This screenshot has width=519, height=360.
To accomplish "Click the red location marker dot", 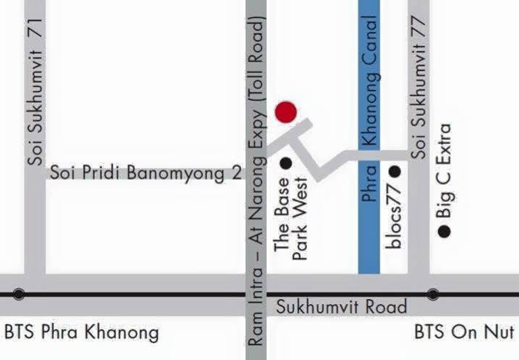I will pos(286,112).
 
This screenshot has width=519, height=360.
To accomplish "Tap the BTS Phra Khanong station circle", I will pos(19,294).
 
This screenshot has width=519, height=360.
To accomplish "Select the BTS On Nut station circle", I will pos(433,294).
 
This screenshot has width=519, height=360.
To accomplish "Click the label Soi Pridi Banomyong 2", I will pos(145,173).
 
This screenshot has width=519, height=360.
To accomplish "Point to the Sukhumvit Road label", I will pos(342,307).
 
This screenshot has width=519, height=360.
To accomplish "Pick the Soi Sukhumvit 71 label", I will pos(35,92).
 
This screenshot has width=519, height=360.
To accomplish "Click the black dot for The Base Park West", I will pos(286,163).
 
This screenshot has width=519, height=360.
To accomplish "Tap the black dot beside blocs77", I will pos(394,172).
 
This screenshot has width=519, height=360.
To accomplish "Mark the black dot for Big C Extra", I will pos(444,232).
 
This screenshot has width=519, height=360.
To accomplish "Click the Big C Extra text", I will pos(444,171).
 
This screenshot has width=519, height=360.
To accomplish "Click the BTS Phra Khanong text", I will pos(81,333).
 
